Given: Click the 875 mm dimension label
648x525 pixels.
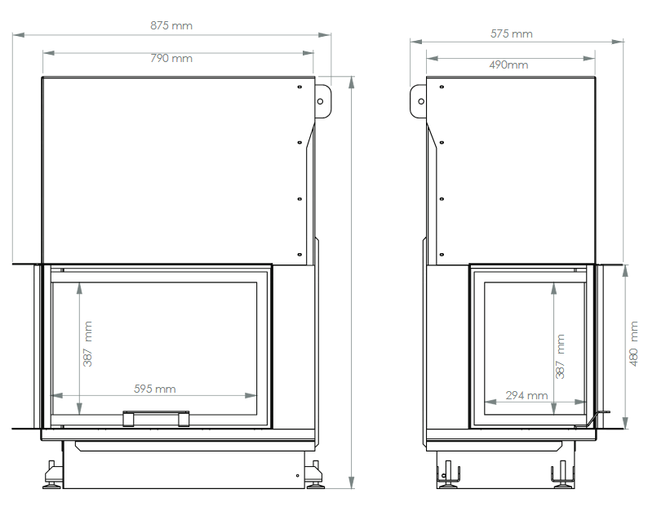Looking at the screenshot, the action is tap(171, 25).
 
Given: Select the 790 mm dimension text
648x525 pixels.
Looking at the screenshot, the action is tap(171, 58).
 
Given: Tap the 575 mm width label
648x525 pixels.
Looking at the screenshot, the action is tap(511, 34).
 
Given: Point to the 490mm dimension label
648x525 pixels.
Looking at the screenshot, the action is tap(508, 65).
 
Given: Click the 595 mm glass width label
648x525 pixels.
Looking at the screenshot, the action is tap(154, 389).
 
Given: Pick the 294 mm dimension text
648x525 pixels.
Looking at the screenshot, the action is tap(526, 396).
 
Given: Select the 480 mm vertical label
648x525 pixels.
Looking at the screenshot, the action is tap(633, 344).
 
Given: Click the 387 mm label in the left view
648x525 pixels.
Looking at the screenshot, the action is tap(87, 344).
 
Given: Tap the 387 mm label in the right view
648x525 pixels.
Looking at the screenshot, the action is tap(560, 356).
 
